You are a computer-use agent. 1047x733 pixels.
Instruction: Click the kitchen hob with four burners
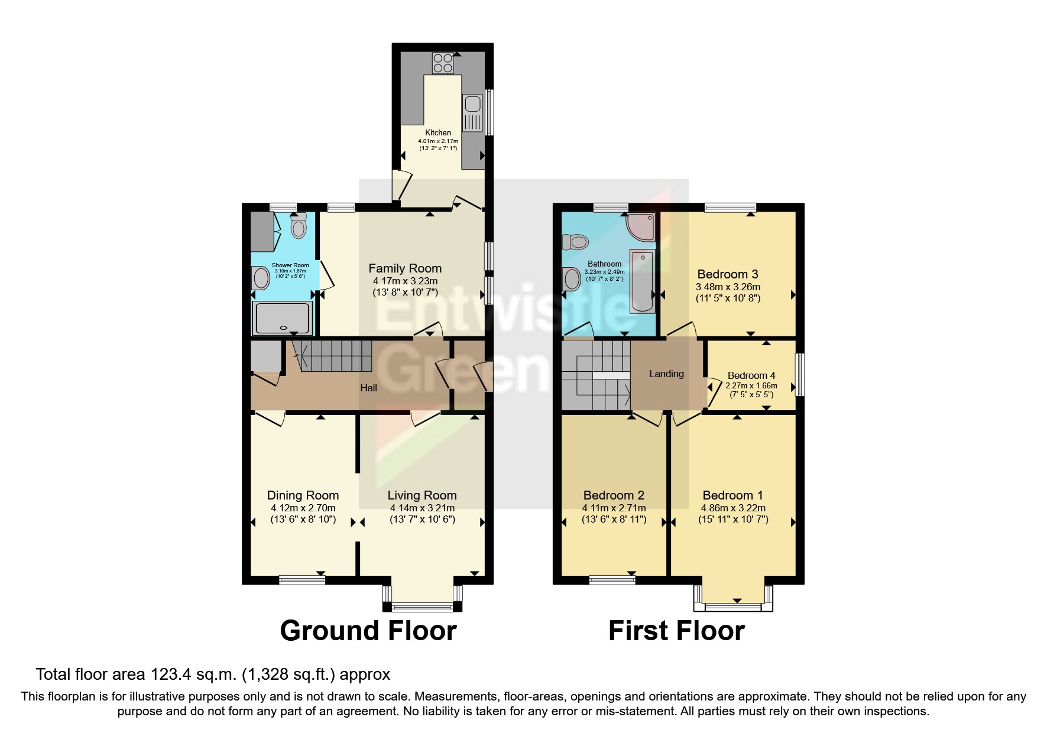[443, 63]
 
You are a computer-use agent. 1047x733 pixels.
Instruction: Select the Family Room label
[405, 268]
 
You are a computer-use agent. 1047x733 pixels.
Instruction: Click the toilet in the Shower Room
[299, 227]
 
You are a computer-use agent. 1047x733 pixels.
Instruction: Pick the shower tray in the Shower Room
[282, 317]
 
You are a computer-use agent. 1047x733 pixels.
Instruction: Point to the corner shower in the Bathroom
[641, 227]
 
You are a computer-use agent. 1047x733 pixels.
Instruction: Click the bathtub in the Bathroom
[642, 281]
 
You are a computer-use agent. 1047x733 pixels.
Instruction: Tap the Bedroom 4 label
[751, 375]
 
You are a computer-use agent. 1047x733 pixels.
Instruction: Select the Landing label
[666, 374]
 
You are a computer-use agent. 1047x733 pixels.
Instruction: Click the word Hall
[369, 388]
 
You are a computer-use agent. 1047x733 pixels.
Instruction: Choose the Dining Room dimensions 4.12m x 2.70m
[303, 508]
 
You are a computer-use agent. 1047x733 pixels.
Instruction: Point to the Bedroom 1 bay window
[733, 606]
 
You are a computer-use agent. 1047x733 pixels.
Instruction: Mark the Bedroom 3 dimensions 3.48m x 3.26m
[728, 287]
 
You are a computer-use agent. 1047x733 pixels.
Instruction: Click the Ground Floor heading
[368, 631]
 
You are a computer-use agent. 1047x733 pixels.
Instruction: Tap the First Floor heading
[676, 631]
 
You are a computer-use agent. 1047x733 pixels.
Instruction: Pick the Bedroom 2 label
[614, 495]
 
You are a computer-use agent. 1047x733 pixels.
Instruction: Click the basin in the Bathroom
[572, 279]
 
